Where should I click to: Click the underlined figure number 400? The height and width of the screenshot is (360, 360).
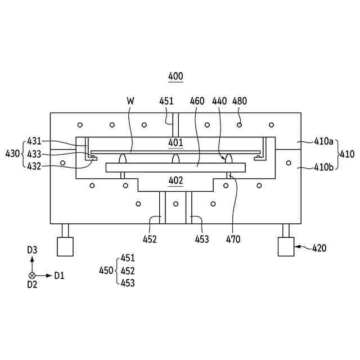[x=175, y=76]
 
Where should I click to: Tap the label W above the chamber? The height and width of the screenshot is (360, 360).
[x=130, y=101]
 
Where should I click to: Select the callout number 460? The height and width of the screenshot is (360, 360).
[x=197, y=101]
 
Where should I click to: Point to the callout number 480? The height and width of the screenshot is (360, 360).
[x=240, y=101]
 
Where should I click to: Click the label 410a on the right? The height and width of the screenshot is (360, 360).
[x=323, y=142]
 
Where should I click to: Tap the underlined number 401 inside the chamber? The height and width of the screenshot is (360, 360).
[x=175, y=142]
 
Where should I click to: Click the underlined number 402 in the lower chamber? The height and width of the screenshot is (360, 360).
[x=175, y=181]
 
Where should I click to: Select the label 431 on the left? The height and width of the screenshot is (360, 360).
[x=34, y=141]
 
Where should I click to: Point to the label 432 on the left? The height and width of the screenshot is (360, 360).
[x=34, y=165]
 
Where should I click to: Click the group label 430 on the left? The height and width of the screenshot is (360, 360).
[x=12, y=153]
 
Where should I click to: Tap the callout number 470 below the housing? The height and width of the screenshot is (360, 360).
[x=233, y=240]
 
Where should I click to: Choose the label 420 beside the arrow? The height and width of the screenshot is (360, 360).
[x=318, y=247]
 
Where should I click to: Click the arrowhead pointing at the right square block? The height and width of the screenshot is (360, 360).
[x=296, y=246]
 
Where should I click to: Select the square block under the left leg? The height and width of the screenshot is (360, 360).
[x=65, y=246]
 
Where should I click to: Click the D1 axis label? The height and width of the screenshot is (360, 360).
[x=60, y=276]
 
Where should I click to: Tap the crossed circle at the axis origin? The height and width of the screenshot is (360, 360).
[x=32, y=276]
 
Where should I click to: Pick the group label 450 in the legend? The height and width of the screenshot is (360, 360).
[x=106, y=271]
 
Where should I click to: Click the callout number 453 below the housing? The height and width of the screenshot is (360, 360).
[x=201, y=240]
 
